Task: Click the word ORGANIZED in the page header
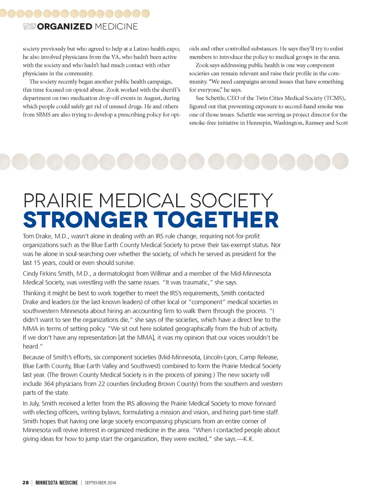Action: coord(64,26)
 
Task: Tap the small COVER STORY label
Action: coord(29,26)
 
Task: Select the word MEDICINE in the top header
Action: coord(116,26)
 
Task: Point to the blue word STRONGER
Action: coord(86,220)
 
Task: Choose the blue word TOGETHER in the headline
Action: coord(216,220)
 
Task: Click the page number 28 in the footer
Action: coord(25,483)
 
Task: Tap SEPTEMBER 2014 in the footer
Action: coord(100,483)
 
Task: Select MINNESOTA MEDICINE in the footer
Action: coord(57,483)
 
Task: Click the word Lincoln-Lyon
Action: coord(220,357)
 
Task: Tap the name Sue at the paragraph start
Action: coord(200,98)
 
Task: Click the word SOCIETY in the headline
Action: coord(231,201)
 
